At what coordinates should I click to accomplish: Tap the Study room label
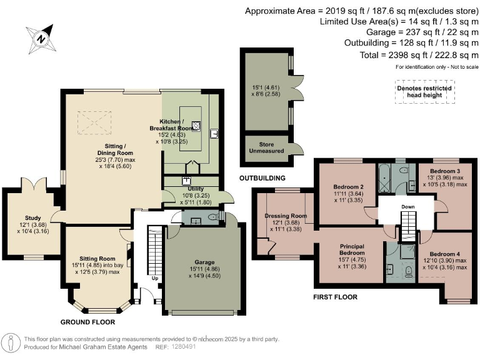click(x=32, y=218)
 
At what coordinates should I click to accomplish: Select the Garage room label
click(x=204, y=262)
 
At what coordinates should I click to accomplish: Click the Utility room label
click(x=196, y=189)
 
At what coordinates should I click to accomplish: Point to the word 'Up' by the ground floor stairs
click(x=155, y=278)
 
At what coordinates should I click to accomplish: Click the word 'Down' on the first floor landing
click(x=408, y=207)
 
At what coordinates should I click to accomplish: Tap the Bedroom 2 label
click(x=348, y=187)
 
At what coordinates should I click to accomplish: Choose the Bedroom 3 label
click(x=445, y=171)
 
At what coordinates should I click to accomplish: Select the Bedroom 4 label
click(x=445, y=254)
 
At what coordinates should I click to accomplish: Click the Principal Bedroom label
click(x=352, y=249)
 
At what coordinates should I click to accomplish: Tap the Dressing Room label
click(x=286, y=216)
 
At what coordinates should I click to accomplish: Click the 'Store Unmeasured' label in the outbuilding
click(x=267, y=147)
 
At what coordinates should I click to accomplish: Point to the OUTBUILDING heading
click(x=262, y=178)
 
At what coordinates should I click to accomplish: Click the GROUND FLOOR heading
click(x=87, y=322)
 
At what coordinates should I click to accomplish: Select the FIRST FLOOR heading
click(x=335, y=297)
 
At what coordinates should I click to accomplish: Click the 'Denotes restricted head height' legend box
click(x=424, y=91)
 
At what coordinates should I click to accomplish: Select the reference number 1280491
click(x=183, y=347)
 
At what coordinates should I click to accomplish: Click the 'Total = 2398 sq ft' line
click(x=419, y=55)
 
